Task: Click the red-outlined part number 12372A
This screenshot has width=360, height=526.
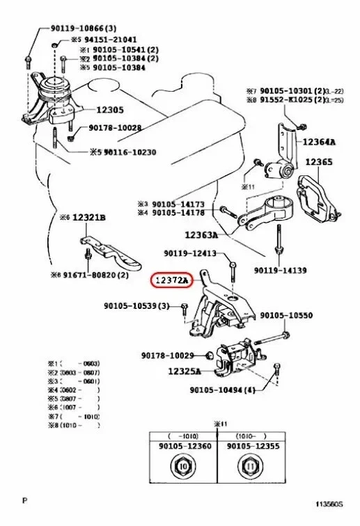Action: pyautogui.click(x=171, y=280)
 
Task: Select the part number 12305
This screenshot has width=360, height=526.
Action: pyautogui.click(x=109, y=109)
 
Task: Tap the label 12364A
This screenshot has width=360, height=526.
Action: pyautogui.click(x=318, y=142)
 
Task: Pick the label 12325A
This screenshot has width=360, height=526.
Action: pyautogui.click(x=185, y=372)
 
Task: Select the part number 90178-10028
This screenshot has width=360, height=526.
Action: pyautogui.click(x=115, y=128)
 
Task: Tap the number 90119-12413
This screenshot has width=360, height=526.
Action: pyautogui.click(x=189, y=253)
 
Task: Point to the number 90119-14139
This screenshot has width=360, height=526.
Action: pyautogui.click(x=280, y=269)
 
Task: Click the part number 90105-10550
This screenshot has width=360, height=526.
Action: pyautogui.click(x=286, y=316)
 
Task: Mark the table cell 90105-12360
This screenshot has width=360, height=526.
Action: pyautogui.click(x=182, y=445)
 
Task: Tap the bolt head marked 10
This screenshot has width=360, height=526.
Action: pyautogui.click(x=183, y=466)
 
